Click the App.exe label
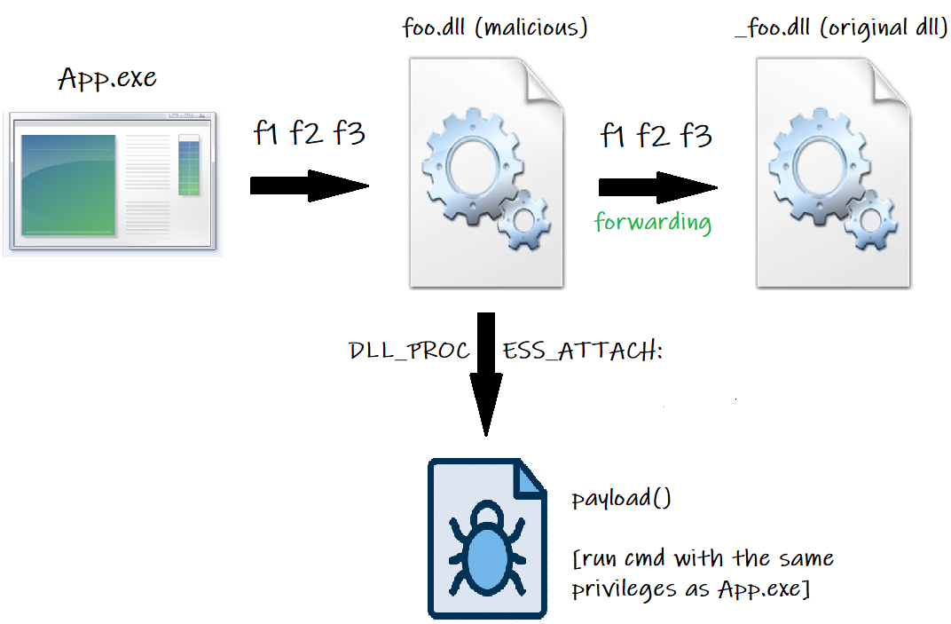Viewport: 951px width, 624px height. click(x=107, y=79)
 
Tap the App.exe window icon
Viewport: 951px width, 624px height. click(x=112, y=184)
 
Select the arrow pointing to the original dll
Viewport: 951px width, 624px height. click(x=657, y=187)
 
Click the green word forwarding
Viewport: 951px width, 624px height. click(x=653, y=222)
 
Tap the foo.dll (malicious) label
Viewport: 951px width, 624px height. click(x=495, y=28)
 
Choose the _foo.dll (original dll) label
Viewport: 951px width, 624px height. click(x=841, y=28)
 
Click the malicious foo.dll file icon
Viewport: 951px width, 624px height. click(x=486, y=173)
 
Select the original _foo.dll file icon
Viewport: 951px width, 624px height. click(x=833, y=173)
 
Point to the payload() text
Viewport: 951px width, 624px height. click(x=621, y=498)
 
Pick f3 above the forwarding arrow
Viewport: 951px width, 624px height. click(x=696, y=136)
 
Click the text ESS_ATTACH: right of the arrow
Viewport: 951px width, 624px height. click(x=582, y=351)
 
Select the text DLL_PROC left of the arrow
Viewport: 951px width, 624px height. click(x=409, y=351)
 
